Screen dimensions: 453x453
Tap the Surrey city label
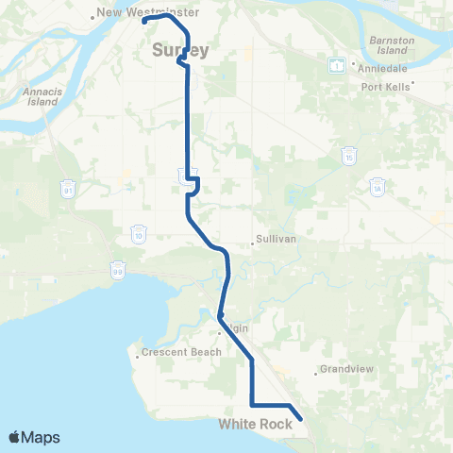pos(180,50)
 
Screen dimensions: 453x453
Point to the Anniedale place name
pos(379,67)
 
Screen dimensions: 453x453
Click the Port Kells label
pos(388,87)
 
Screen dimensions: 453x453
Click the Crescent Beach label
pos(181,353)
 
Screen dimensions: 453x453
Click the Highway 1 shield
pos(335,65)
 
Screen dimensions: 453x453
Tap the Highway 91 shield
pos(68,192)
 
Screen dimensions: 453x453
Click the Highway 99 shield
pos(119,268)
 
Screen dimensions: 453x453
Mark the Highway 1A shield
pos(377,184)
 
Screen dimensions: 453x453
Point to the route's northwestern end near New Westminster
pos(145,20)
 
